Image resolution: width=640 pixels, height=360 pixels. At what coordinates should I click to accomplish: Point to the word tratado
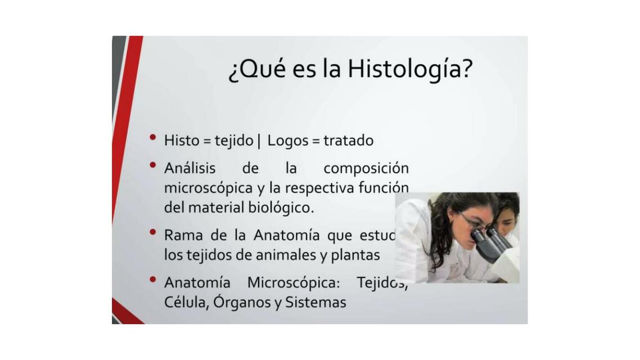(x=348, y=140)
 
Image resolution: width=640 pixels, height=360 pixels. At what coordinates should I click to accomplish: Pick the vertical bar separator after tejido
(x=259, y=141)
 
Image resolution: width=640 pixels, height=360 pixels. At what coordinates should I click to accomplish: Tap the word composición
(x=366, y=168)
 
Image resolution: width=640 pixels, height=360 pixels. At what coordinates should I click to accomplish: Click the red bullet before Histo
(x=152, y=137)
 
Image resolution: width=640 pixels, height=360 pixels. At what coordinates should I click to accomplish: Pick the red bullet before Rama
(x=152, y=231)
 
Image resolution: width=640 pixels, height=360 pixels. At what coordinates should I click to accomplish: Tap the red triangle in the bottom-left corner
(x=125, y=313)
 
